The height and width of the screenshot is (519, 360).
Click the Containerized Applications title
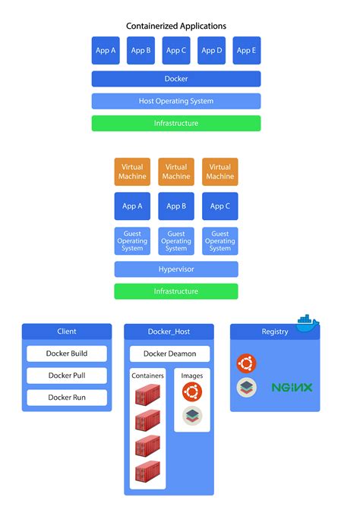pos(176,26)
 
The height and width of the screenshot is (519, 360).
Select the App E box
pos(246,51)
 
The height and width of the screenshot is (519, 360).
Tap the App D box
pos(211,51)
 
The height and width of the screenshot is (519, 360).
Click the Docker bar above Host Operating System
pos(176,79)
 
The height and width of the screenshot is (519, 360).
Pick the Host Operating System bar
pos(176,101)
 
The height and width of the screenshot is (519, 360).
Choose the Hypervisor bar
pos(176,269)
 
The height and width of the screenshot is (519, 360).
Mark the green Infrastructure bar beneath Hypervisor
pos(176,291)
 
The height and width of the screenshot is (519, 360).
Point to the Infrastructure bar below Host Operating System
pos(176,123)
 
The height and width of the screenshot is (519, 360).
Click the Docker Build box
pos(67,354)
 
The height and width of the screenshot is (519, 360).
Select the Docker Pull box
pos(67,376)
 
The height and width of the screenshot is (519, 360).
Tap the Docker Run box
pos(67,398)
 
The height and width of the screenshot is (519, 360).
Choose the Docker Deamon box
pos(169,354)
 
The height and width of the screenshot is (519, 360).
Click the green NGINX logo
pos(292,388)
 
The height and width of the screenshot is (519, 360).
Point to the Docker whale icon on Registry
pos(308,322)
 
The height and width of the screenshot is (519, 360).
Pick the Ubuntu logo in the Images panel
pos(192,392)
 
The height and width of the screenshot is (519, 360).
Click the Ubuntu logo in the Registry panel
pos(246,363)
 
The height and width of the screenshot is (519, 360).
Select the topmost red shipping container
pos(147,396)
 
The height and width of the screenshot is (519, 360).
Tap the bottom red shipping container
pos(147,474)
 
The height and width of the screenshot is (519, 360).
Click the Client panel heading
pos(67,332)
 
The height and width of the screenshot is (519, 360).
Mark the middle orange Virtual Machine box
pos(176,171)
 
